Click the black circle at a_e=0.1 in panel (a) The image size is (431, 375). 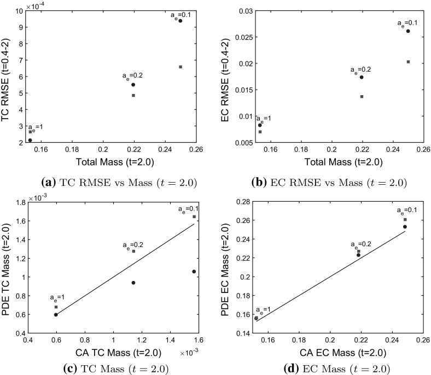point(180,21)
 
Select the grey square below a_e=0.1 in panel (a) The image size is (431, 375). point(180,67)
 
